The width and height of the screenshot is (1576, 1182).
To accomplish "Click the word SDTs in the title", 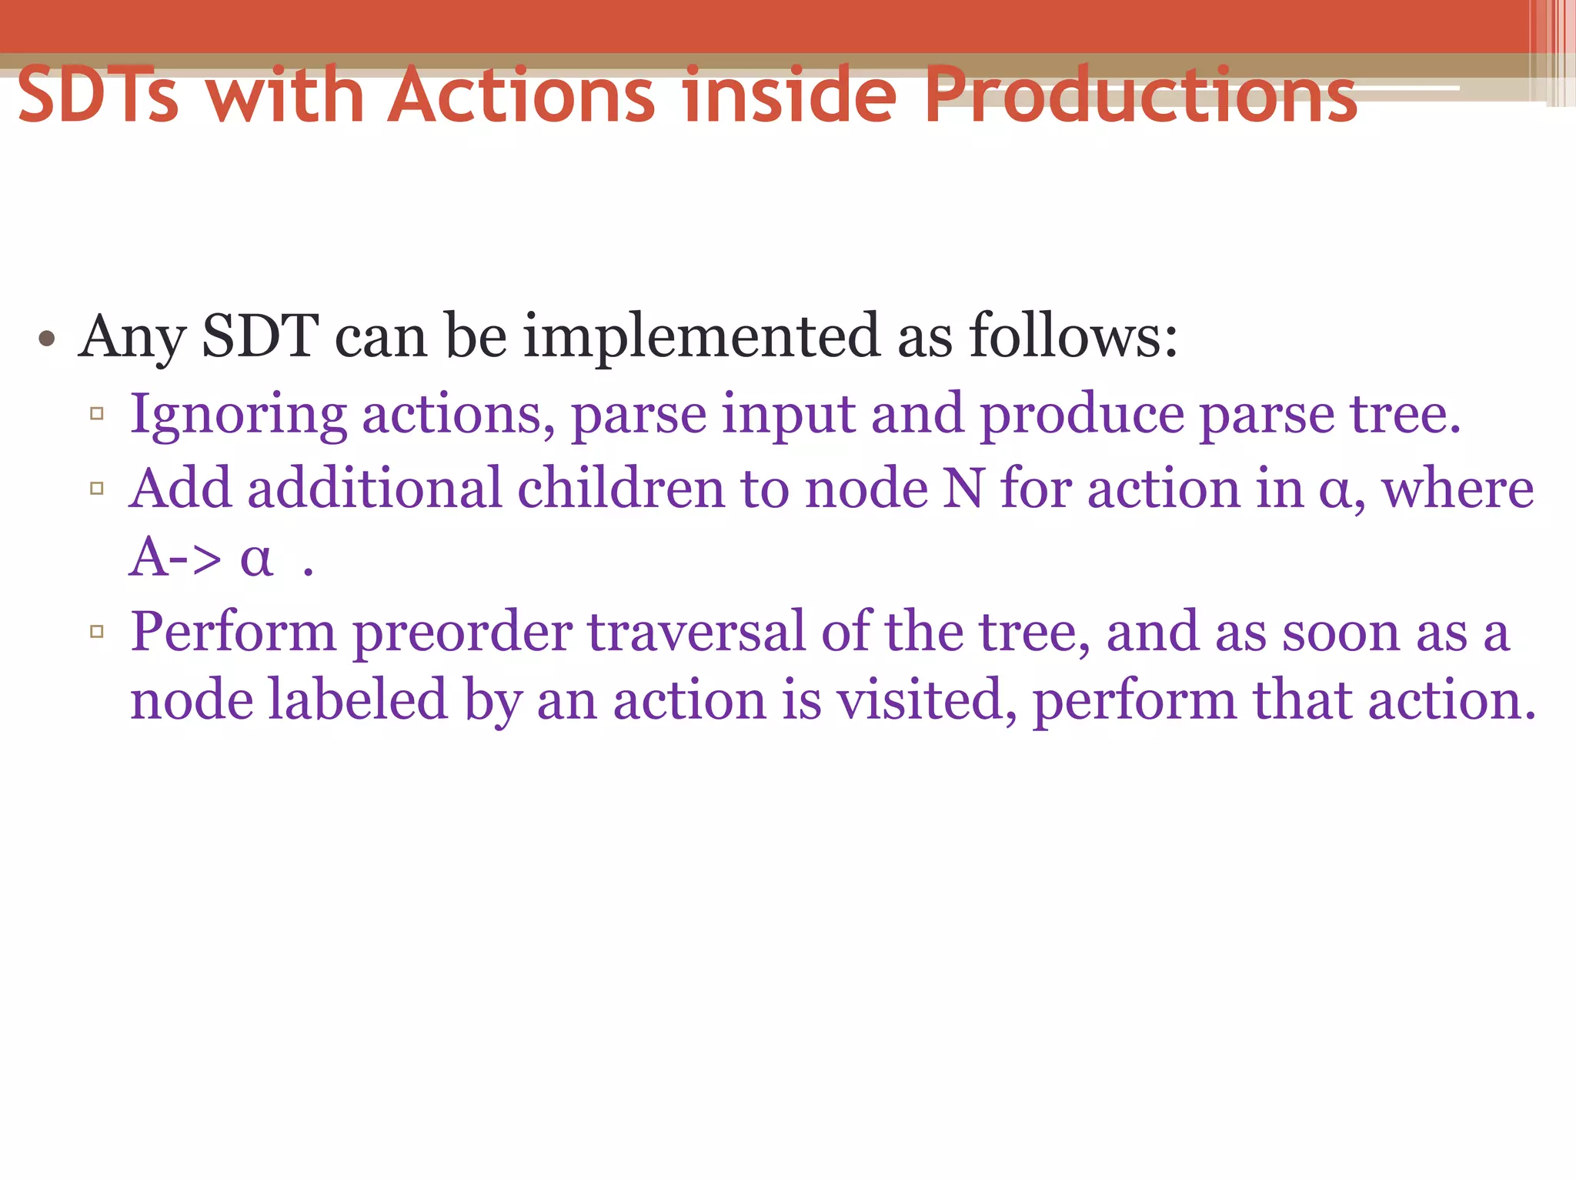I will pos(98,95).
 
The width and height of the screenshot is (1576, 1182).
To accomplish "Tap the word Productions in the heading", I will pos(1140,95).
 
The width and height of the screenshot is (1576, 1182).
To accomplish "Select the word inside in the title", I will pos(790,95).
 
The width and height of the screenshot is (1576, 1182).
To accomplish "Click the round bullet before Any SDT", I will pos(47,339).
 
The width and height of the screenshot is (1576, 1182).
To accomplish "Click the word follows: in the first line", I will pos(1073,337).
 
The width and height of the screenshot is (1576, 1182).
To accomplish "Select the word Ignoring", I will pos(238,416).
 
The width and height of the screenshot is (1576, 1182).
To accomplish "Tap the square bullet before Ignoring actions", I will pos(97,414).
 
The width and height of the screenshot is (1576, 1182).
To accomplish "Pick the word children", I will pos(621,489).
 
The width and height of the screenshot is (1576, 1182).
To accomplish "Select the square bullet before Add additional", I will pos(97,488).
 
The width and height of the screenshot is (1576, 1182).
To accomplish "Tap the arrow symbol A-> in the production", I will pos(175,557).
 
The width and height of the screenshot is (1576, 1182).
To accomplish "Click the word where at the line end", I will pos(1457,489).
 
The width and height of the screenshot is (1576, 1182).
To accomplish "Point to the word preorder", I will pos(462,633).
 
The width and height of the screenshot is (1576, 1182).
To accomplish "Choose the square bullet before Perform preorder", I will pos(97,632).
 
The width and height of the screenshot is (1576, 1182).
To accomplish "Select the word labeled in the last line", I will pos(358,700).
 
